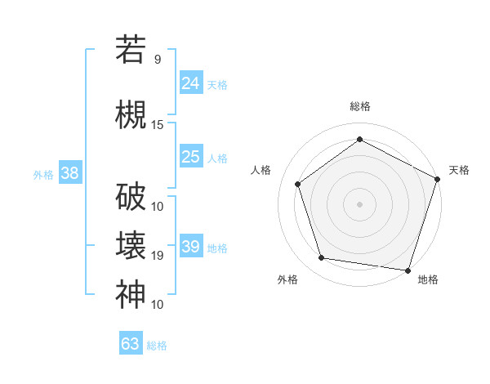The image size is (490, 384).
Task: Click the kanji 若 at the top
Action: tap(131, 49)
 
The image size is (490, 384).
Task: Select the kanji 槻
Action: tap(131, 114)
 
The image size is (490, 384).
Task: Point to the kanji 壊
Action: tap(131, 245)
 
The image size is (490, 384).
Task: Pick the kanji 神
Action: tap(131, 294)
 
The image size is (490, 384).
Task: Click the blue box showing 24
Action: tap(191, 83)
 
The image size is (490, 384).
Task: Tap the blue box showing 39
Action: tap(191, 247)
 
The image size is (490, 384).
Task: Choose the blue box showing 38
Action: tap(69, 172)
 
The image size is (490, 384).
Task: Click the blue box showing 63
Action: tap(131, 344)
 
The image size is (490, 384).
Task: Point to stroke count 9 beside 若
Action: tap(158, 59)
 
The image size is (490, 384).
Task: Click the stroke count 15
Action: tap(158, 124)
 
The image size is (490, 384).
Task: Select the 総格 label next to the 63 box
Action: tap(157, 346)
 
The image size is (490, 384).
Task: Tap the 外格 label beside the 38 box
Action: tap(43, 174)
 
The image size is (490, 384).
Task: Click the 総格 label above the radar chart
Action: tap(360, 107)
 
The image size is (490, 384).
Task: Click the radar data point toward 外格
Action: tap(322, 258)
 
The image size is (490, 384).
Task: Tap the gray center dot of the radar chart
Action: tap(359, 203)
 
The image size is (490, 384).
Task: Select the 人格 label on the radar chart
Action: tap(261, 170)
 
